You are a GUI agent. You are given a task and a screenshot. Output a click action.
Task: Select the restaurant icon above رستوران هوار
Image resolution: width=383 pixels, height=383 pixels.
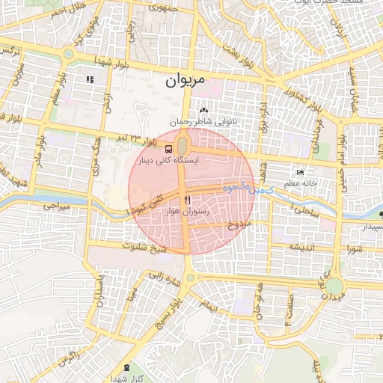(x=186, y=199)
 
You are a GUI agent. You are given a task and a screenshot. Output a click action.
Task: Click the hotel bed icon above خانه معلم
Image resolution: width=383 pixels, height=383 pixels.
(x=301, y=173)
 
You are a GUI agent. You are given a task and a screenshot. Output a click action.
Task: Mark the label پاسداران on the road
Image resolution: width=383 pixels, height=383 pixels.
(x=98, y=291)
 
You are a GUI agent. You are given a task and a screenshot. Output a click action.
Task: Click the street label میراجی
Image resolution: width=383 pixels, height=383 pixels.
(x=55, y=204)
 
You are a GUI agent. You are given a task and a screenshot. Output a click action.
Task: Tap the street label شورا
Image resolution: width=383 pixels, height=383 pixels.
(x=352, y=248)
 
